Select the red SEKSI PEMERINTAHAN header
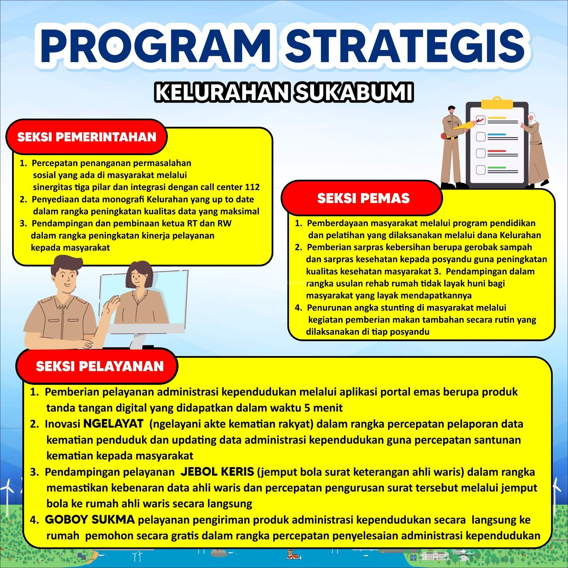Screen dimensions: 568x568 (x=87, y=137)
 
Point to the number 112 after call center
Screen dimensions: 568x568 (x=252, y=187)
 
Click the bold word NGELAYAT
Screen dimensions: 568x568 (x=113, y=423)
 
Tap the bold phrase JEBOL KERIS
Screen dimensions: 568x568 (x=217, y=471)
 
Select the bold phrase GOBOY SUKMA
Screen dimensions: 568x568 (x=90, y=519)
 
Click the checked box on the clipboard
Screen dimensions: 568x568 (x=480, y=120)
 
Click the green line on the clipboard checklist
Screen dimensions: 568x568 (x=496, y=167)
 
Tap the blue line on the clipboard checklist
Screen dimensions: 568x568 (x=496, y=135)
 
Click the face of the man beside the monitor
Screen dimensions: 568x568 (x=66, y=277)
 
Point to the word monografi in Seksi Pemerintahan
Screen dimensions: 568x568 (x=123, y=200)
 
